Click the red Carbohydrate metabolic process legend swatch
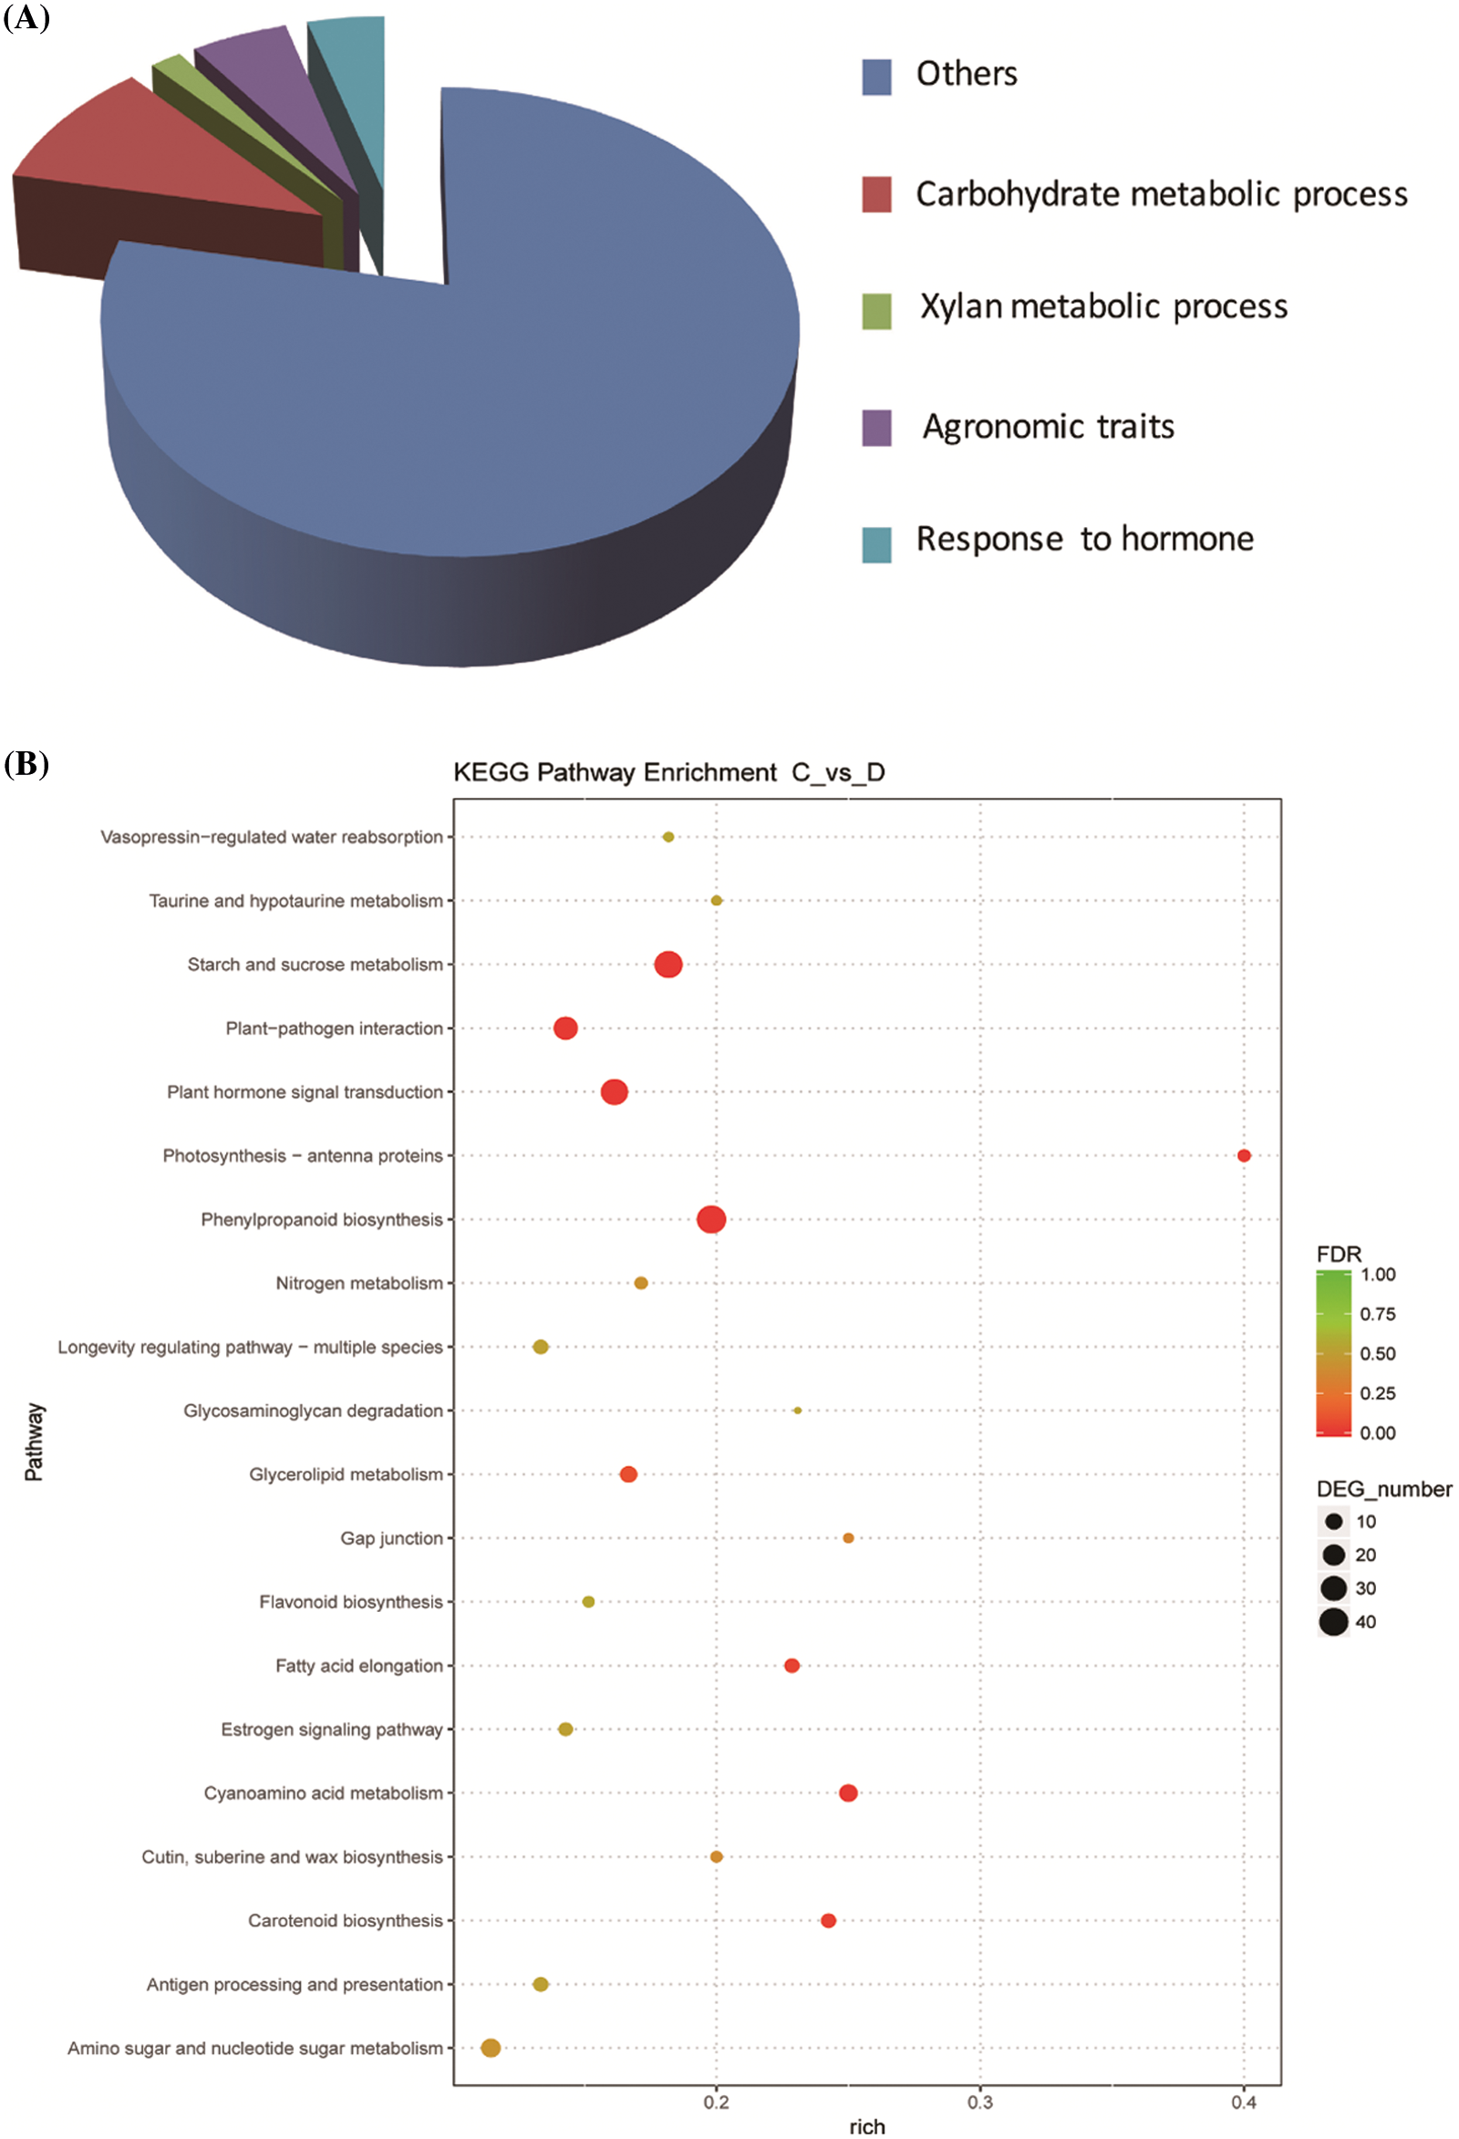tap(875, 194)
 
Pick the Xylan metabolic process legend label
tap(1102, 306)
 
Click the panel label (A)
tap(26, 16)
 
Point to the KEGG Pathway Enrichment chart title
tap(668, 772)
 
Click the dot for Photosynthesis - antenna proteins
tap(1244, 1155)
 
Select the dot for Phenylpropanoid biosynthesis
tap(711, 1220)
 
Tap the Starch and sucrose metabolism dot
tap(668, 965)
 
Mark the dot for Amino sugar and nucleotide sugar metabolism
tap(491, 2048)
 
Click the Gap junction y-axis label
tap(391, 1538)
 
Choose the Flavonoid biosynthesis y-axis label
tap(351, 1601)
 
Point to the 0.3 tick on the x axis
tap(980, 2102)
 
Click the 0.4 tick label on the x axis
tap(1244, 2102)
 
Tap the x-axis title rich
tap(867, 2126)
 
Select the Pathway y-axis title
tap(33, 1441)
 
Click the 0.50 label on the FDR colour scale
tap(1377, 1353)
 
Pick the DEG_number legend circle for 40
tap(1333, 1622)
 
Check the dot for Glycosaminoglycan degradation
tap(797, 1410)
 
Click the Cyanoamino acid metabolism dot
tap(849, 1792)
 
